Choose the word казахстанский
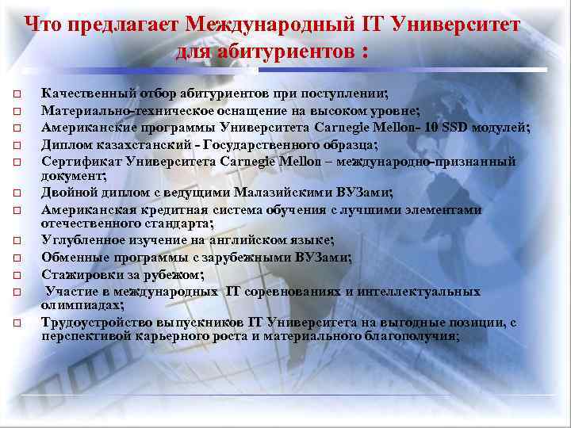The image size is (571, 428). tap(148, 144)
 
